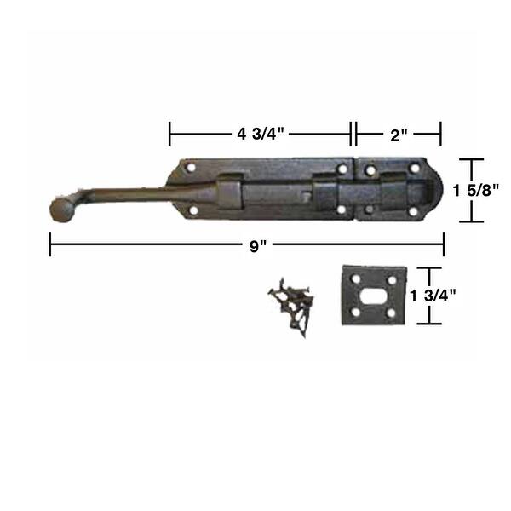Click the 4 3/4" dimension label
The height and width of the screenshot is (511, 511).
260,134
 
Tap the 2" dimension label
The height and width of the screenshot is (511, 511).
398,134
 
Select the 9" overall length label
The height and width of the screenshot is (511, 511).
257,246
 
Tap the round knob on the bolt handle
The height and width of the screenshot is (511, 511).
59,210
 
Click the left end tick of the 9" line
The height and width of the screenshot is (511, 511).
50,246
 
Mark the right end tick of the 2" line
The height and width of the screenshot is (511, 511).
440,134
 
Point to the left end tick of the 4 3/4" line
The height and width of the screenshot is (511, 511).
170,134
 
